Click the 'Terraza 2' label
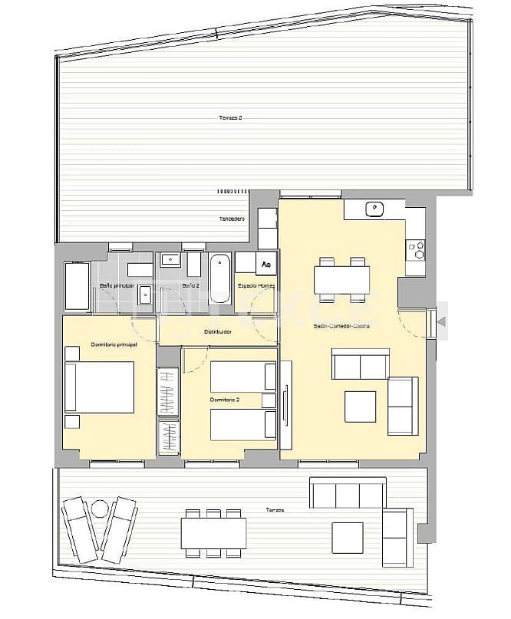(231, 117)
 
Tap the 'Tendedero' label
(232, 219)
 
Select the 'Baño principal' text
(117, 286)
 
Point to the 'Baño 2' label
(191, 286)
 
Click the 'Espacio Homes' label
(255, 286)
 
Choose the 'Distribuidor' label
(218, 332)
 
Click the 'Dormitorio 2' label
(225, 400)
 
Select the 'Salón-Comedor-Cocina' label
(341, 326)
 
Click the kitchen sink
(374, 208)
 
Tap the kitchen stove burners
(419, 249)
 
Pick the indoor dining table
(342, 278)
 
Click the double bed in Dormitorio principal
(100, 387)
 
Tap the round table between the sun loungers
(100, 508)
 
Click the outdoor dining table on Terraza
(214, 532)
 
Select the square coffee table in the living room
(360, 407)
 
